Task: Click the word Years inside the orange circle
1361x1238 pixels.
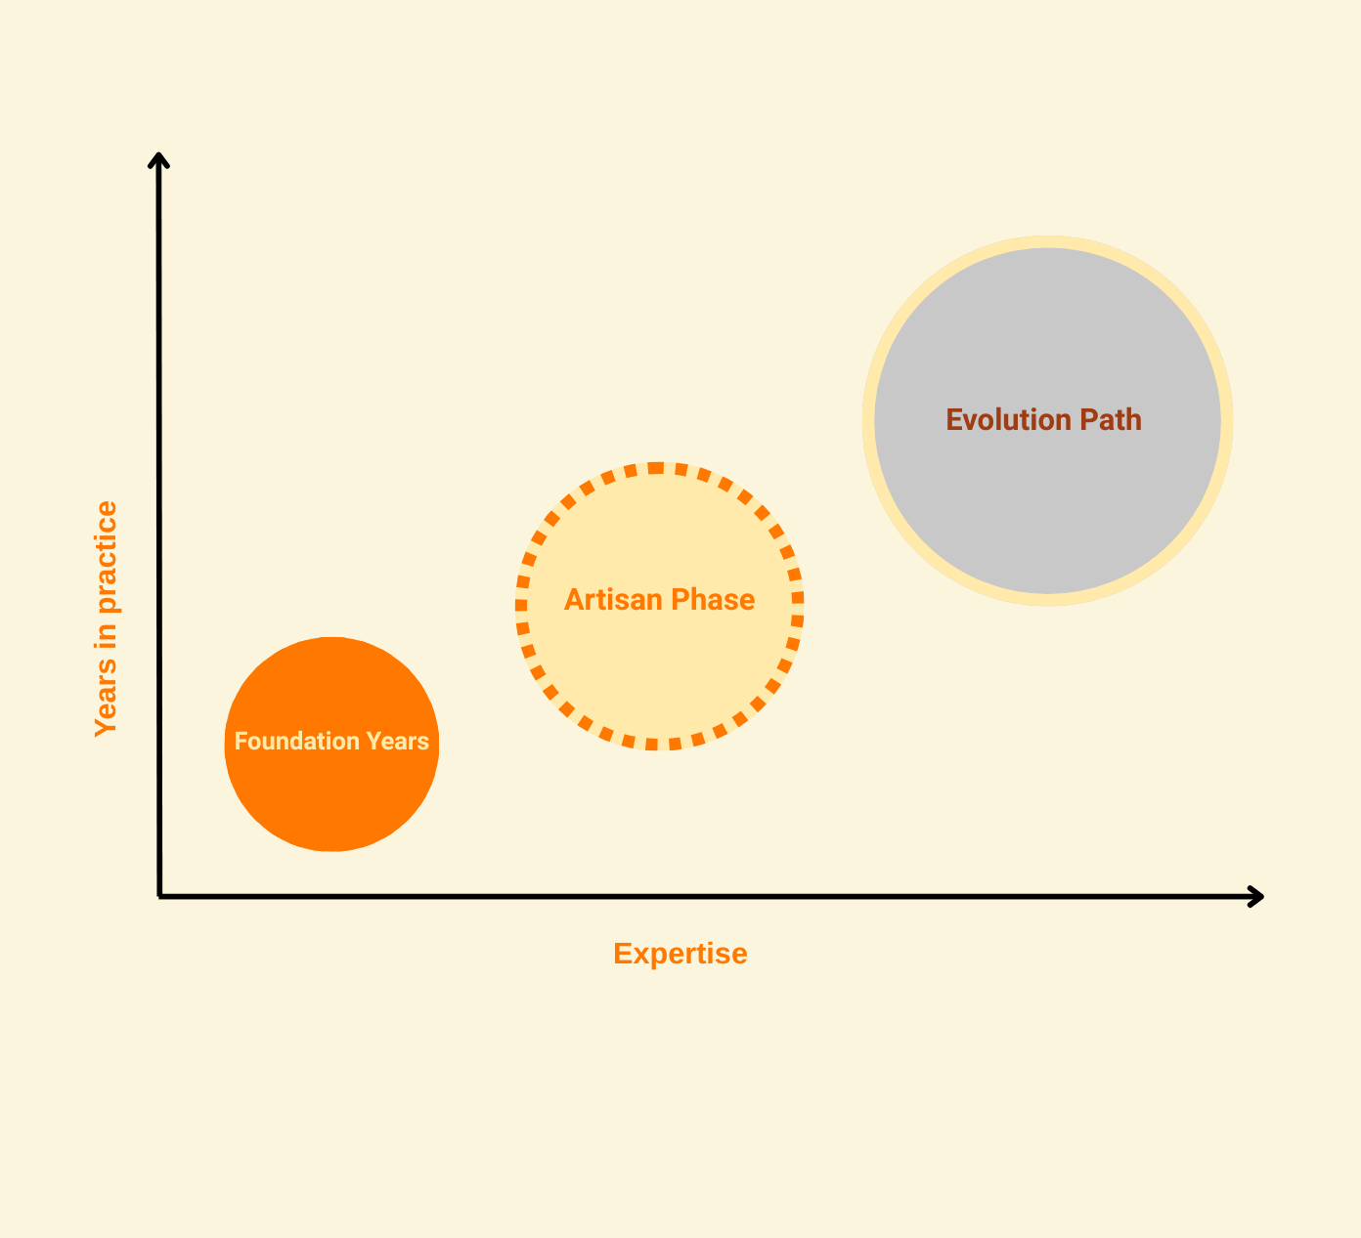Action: pyautogui.click(x=397, y=742)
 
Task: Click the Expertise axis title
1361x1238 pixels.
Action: pyautogui.click(x=680, y=954)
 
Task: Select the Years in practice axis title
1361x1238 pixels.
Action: pyautogui.click(x=106, y=619)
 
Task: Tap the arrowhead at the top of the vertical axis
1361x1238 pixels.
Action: pyautogui.click(x=158, y=160)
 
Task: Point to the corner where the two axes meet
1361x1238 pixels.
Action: pyautogui.click(x=159, y=895)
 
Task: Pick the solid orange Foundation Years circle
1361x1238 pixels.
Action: pyautogui.click(x=331, y=791)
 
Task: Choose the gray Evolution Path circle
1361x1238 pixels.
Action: pyautogui.click(x=1047, y=508)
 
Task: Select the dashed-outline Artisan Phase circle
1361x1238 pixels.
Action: pyautogui.click(x=659, y=664)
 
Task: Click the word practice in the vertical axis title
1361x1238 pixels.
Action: pyautogui.click(x=106, y=557)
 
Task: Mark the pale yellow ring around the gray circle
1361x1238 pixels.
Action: pyautogui.click(x=1047, y=242)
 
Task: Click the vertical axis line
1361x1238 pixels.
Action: pyautogui.click(x=158, y=489)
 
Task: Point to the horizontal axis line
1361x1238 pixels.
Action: pyautogui.click(x=684, y=896)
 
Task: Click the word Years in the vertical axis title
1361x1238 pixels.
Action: pyautogui.click(x=106, y=706)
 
